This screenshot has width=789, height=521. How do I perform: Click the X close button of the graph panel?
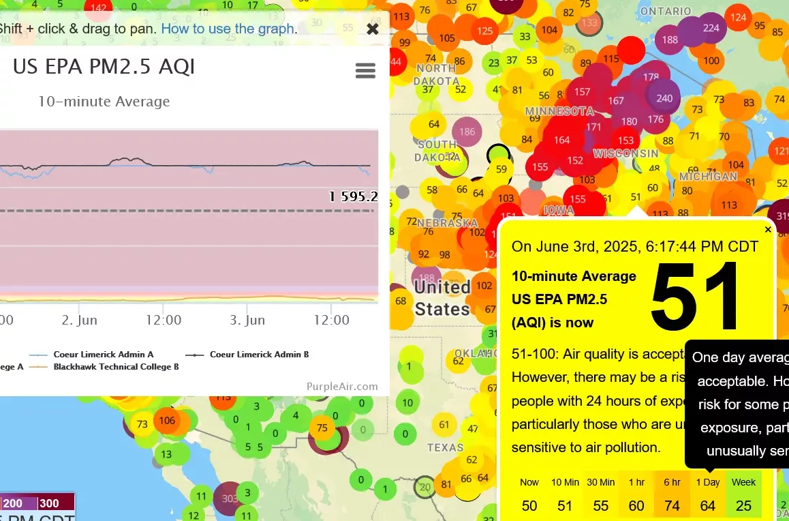[373, 29]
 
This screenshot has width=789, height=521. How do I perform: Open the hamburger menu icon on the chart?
[366, 70]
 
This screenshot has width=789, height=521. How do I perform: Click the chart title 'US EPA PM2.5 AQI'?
[104, 67]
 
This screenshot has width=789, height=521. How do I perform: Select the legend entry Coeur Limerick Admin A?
[103, 355]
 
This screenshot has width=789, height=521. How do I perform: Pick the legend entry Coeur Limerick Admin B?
[259, 355]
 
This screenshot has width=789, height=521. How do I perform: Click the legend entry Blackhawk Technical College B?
[116, 367]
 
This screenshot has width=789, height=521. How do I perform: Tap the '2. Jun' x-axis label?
[80, 320]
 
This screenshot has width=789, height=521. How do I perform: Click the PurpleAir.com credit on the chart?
[342, 387]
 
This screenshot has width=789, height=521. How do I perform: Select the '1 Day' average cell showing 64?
[708, 495]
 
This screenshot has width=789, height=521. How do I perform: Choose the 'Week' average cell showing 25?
[743, 495]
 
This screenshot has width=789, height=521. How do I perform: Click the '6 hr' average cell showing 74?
[672, 495]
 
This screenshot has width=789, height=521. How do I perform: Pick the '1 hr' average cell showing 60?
[636, 495]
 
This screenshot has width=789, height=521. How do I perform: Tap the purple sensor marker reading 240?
[664, 98]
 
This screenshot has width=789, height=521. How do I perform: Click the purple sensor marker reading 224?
[711, 28]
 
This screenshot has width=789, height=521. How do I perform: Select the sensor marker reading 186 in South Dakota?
[467, 132]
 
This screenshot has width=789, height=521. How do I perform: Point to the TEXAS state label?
[445, 448]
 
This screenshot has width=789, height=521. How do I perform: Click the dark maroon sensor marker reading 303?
[230, 498]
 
